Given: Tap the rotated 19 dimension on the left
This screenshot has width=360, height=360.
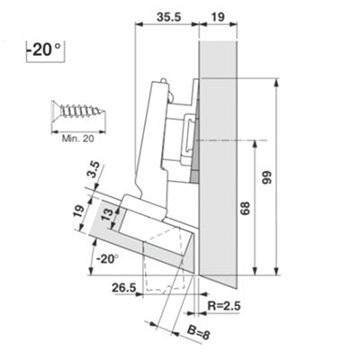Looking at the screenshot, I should point(78,212).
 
